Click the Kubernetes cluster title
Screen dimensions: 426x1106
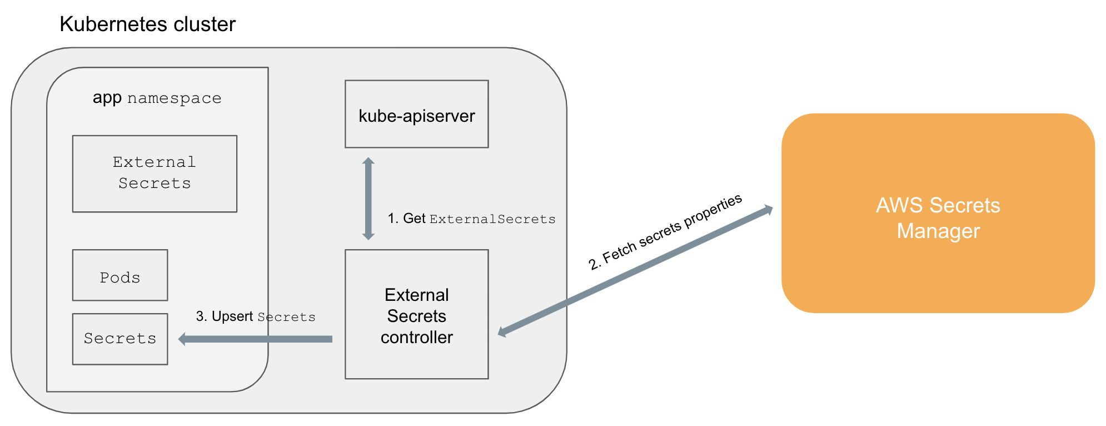(x=147, y=24)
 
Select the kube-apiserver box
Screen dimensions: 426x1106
(x=416, y=114)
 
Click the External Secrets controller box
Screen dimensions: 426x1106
(x=416, y=314)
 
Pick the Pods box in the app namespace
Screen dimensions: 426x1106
(x=120, y=275)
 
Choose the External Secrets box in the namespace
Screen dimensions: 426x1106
(x=155, y=174)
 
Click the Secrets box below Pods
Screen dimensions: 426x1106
(x=120, y=339)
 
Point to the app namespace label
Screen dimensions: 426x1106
(x=157, y=98)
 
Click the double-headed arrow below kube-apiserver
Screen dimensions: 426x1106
(x=368, y=199)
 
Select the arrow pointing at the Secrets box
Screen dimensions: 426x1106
(x=256, y=339)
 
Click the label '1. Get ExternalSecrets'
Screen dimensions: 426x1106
(x=471, y=219)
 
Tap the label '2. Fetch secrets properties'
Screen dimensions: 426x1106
(x=665, y=232)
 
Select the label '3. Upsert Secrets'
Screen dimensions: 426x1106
(x=256, y=317)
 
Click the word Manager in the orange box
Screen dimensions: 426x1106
(x=938, y=231)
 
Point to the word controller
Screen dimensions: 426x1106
(x=416, y=337)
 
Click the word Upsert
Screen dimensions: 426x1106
(x=232, y=316)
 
